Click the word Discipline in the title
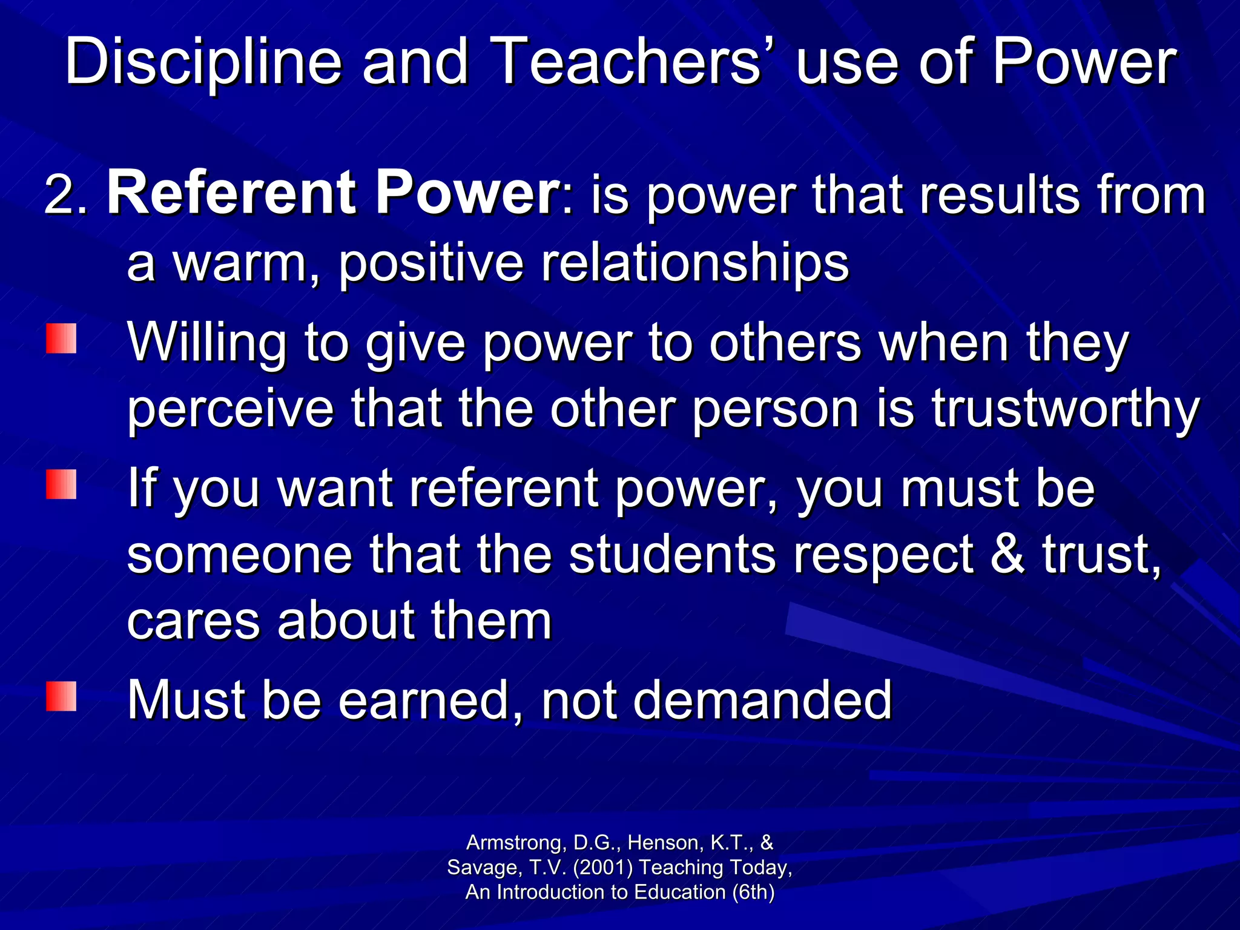pos(203,62)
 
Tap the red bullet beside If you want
pos(61,484)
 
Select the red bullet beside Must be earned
pos(61,696)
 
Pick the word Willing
pos(206,343)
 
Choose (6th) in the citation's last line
pos(753,892)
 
